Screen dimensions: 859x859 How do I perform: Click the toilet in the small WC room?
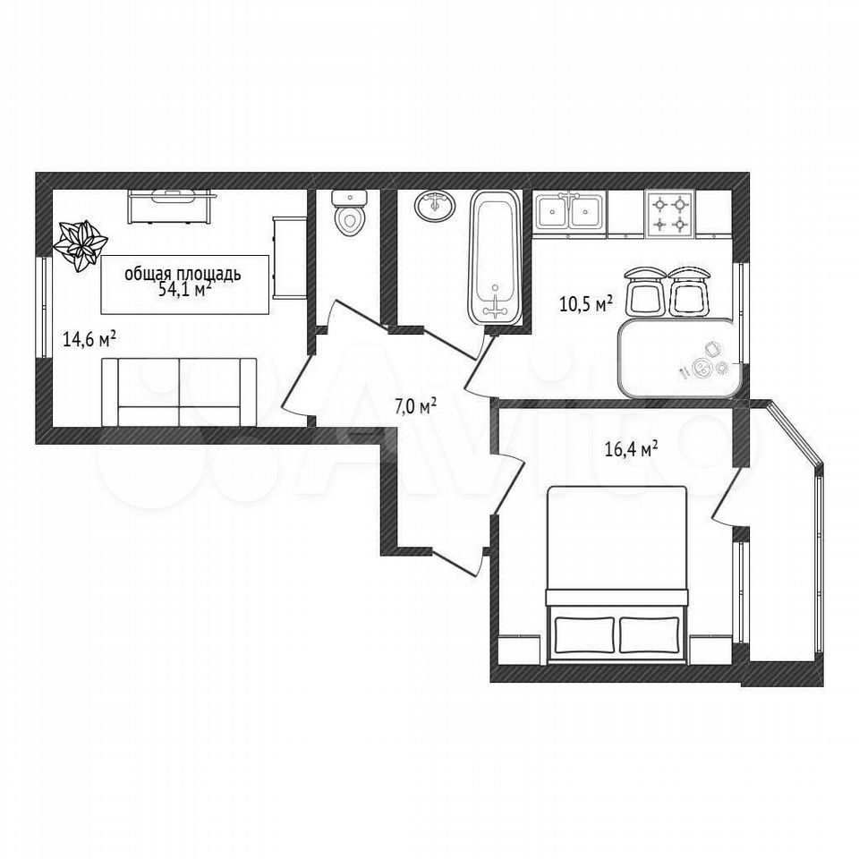click(x=350, y=213)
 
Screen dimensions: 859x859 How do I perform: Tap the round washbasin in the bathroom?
click(x=435, y=206)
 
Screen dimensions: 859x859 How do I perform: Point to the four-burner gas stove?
click(x=670, y=214)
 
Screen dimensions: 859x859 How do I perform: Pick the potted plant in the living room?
click(x=81, y=245)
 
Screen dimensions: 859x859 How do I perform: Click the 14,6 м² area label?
click(x=89, y=340)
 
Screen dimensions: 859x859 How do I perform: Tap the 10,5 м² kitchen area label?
click(x=585, y=303)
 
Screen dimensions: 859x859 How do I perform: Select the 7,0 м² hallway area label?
click(x=416, y=406)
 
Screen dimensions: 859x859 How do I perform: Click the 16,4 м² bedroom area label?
click(x=631, y=449)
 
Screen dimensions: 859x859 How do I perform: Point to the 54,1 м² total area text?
click(x=184, y=289)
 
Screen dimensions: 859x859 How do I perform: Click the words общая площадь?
click(x=183, y=274)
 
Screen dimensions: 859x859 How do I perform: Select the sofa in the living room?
click(x=179, y=392)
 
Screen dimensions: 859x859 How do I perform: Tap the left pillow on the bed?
click(x=584, y=634)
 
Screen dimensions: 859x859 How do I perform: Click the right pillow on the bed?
click(x=650, y=634)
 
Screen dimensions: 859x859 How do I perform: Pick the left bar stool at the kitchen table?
click(x=644, y=290)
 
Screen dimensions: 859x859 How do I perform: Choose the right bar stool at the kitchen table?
click(x=689, y=290)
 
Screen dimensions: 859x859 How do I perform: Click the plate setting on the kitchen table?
click(x=704, y=364)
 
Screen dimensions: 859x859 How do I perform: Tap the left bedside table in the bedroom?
click(x=522, y=650)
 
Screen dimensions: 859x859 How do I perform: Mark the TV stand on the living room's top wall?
click(x=169, y=206)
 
